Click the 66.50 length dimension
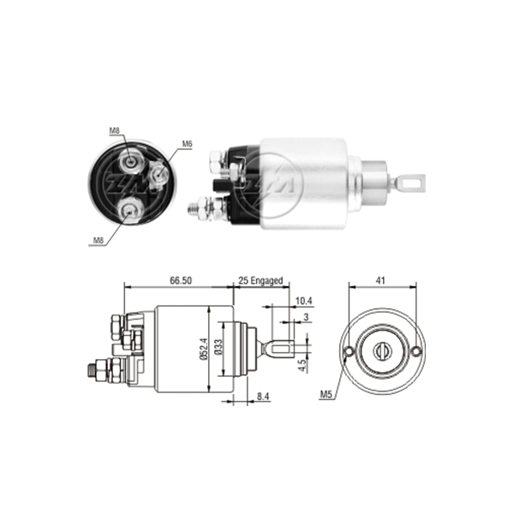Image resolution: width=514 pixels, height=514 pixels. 181,281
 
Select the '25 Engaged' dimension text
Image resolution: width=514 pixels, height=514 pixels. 260,281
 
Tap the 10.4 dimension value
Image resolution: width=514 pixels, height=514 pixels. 304,301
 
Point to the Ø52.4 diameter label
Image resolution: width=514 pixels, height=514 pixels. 204,350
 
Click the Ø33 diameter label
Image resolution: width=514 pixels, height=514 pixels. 218,347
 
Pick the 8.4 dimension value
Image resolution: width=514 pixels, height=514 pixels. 263,397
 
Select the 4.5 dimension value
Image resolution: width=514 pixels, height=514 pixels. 303,366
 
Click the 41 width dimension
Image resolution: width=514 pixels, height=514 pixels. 380,281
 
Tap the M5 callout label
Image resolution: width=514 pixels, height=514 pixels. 326,395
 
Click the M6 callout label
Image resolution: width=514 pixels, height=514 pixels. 188,144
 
